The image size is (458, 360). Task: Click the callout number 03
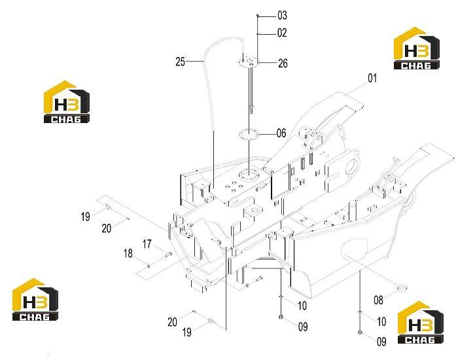[x=282, y=15]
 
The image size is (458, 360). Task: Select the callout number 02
[x=282, y=33]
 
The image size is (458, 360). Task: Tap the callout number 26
[x=283, y=63]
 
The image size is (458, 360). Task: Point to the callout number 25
[x=180, y=62]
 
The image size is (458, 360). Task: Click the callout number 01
[x=372, y=78]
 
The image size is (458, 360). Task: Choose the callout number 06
[x=281, y=134]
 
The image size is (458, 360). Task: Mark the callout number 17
[x=147, y=243]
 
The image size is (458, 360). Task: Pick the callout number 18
[x=128, y=253]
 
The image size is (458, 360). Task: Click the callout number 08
[x=378, y=300]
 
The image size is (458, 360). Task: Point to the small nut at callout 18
[x=149, y=266]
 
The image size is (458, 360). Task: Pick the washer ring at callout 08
[x=402, y=289]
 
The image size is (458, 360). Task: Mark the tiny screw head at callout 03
[x=257, y=15]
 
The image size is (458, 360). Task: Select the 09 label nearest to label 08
[x=381, y=341]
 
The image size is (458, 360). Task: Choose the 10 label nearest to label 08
[x=381, y=321]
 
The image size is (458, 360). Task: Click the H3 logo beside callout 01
[x=417, y=48]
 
